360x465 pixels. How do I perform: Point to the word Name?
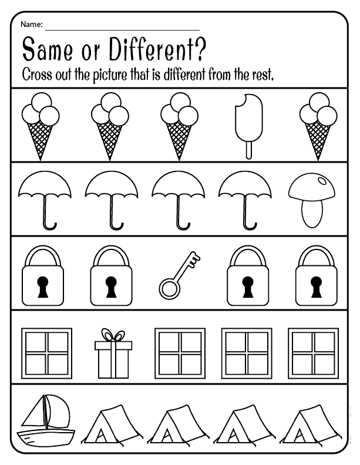click(31, 24)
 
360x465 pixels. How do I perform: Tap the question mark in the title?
click(200, 49)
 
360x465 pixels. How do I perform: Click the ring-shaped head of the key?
click(169, 288)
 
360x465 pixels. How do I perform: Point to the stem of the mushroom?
click(311, 214)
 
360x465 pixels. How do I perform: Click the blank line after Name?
click(122, 30)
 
